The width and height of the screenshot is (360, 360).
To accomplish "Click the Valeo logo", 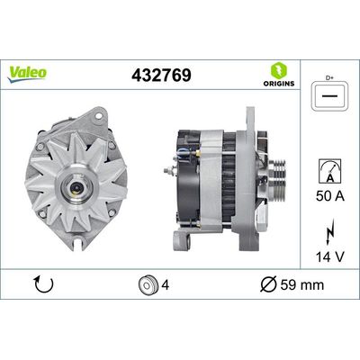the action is click(x=27, y=74).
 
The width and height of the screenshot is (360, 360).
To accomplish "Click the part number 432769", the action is click(x=161, y=75).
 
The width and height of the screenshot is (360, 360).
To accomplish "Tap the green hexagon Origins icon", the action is click(x=279, y=71).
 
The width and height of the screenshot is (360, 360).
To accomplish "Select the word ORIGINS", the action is click(x=279, y=84).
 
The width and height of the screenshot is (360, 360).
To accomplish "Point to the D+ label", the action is click(x=329, y=78).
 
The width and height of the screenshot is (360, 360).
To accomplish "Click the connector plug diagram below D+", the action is click(x=330, y=96).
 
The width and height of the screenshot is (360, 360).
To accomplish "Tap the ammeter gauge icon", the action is click(x=329, y=171).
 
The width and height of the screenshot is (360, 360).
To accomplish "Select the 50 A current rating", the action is click(x=330, y=196).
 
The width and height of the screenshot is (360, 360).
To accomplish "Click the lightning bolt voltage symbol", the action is click(x=329, y=233).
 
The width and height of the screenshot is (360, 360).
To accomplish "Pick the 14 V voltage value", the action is click(x=330, y=256).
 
